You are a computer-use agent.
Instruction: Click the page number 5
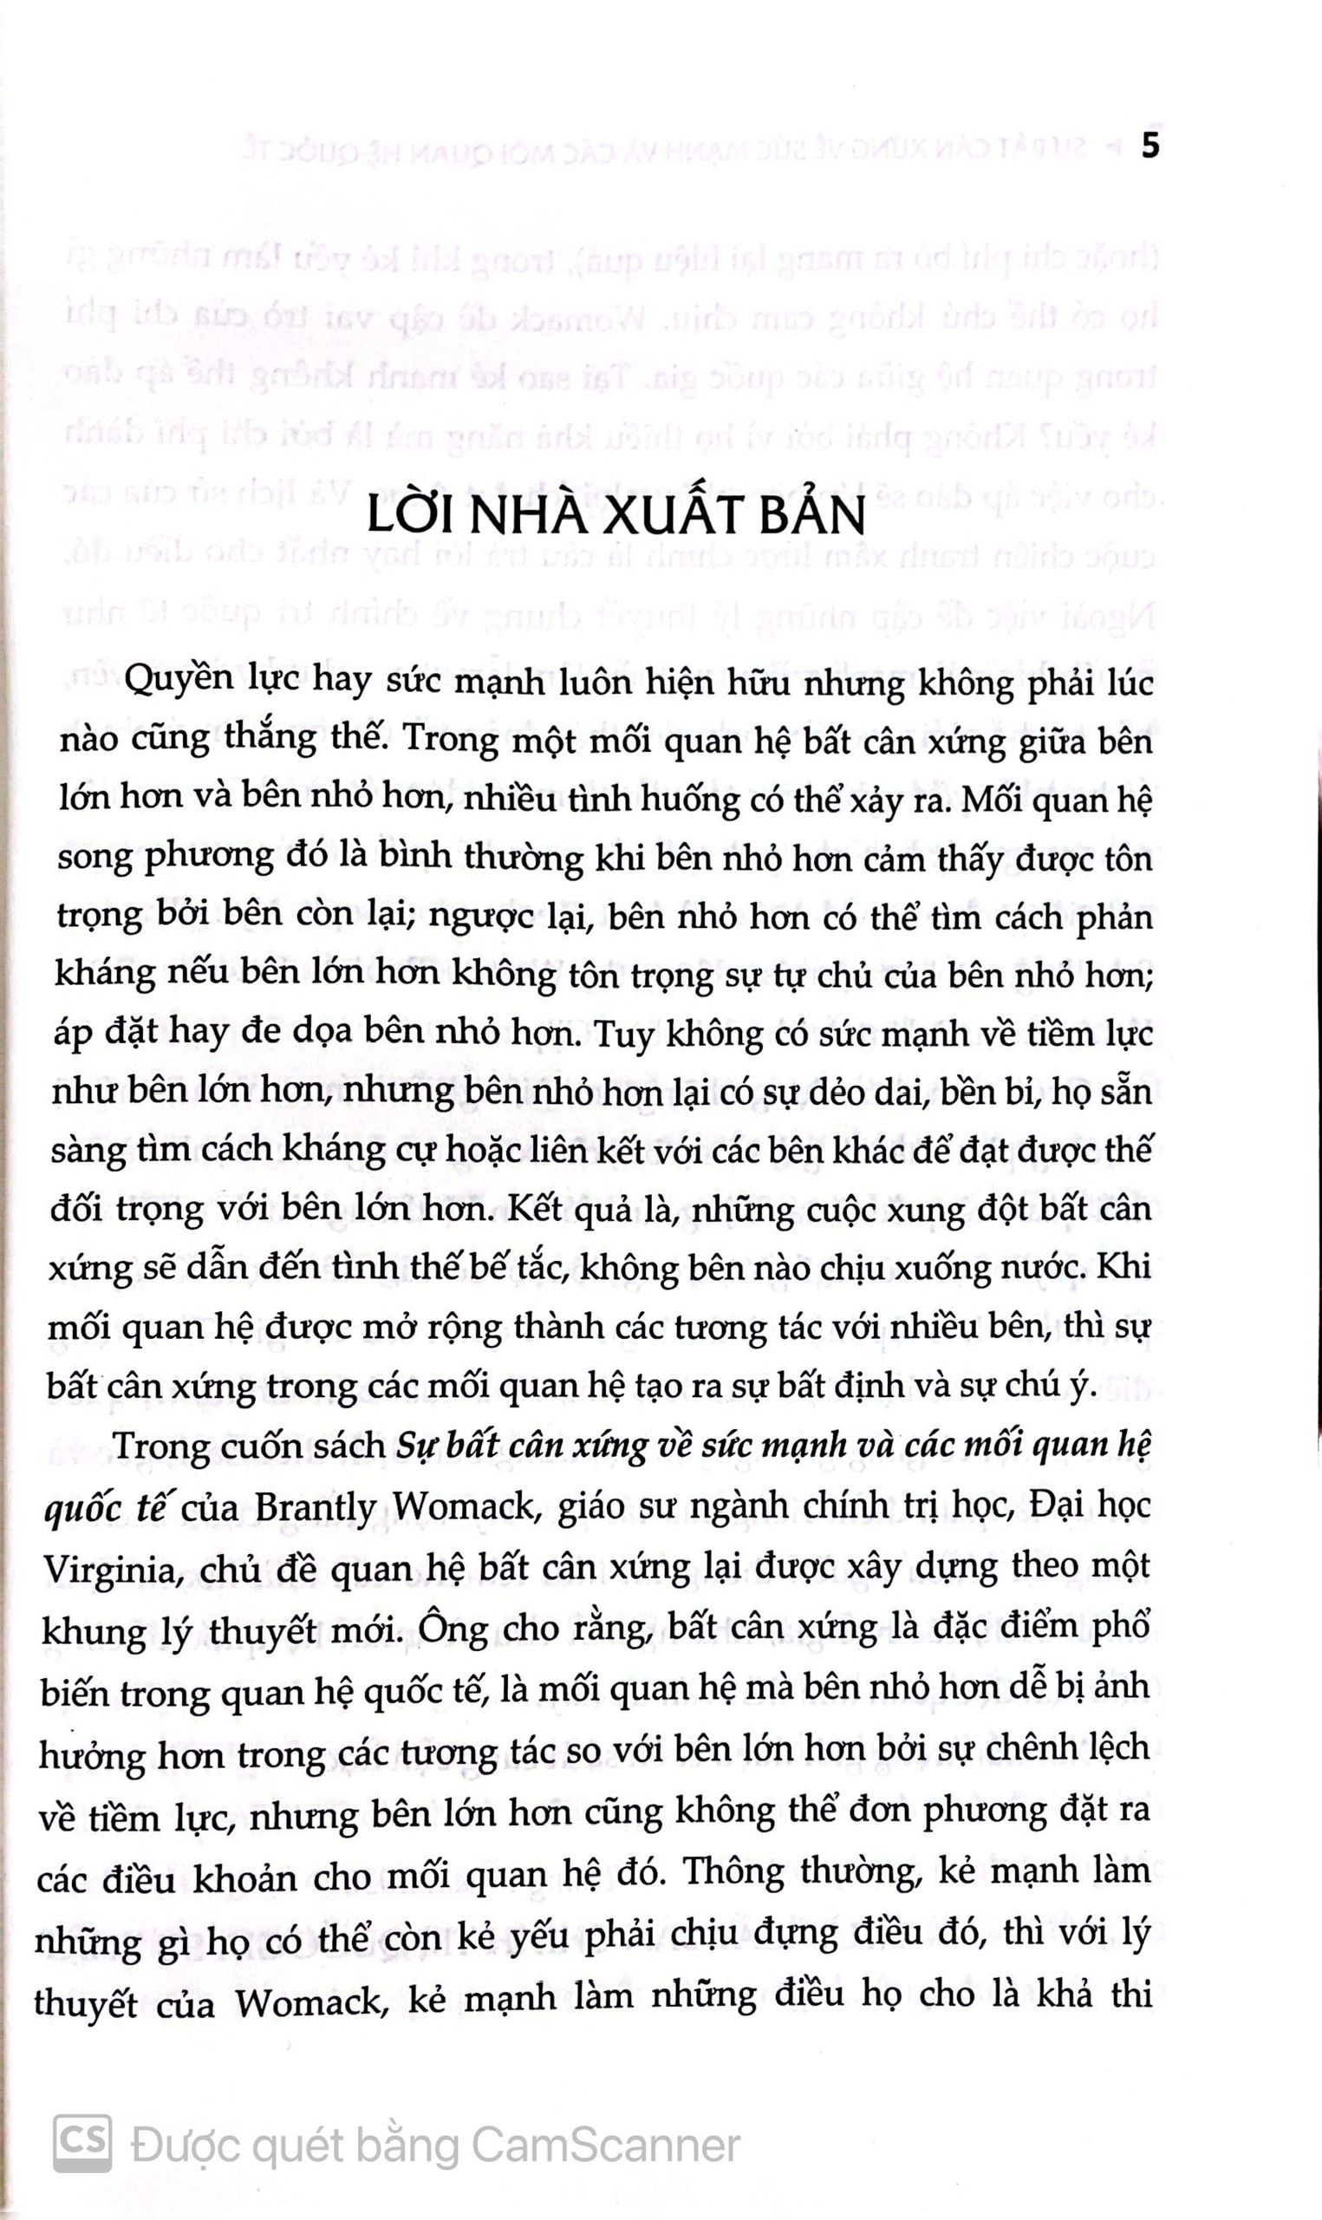click(1150, 146)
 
